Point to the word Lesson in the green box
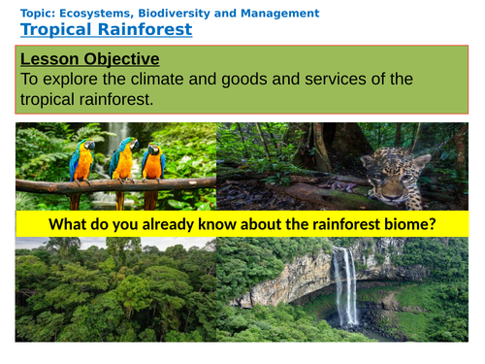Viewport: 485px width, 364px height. pos(49,59)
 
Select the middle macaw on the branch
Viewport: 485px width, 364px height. pos(122,159)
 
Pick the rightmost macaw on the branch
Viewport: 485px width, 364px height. pos(152,161)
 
